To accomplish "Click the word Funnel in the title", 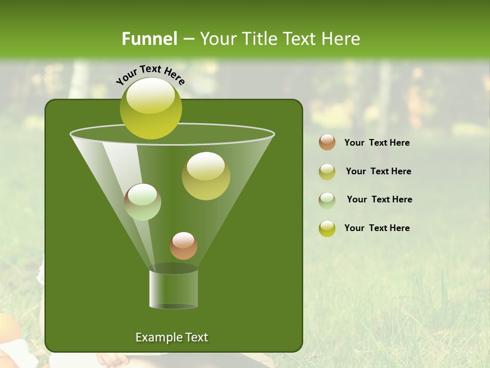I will click(x=149, y=39).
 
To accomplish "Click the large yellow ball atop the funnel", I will click(x=151, y=108).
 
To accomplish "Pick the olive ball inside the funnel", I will click(x=206, y=176).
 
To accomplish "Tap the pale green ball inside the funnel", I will click(x=142, y=202).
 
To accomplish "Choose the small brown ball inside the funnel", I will click(x=183, y=246).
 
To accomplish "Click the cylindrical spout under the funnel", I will click(x=174, y=289).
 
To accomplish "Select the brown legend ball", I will click(x=327, y=143).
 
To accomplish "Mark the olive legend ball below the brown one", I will click(x=327, y=172).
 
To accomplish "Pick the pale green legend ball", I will click(x=327, y=200).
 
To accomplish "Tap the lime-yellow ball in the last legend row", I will click(x=327, y=228).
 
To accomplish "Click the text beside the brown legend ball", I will click(x=377, y=143).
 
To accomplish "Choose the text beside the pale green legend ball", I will click(x=379, y=199).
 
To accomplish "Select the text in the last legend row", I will click(x=377, y=228).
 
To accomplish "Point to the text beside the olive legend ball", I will click(x=378, y=171).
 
